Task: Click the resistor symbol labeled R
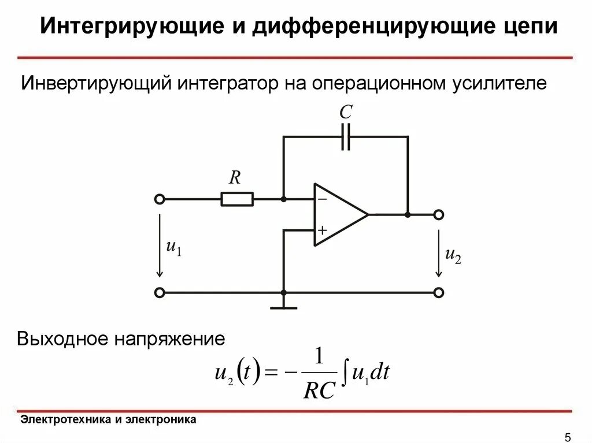(237, 199)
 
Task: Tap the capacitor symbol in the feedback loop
(346, 137)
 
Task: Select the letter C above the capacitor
(346, 113)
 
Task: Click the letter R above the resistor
(234, 177)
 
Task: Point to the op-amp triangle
(338, 214)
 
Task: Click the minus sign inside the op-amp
(321, 199)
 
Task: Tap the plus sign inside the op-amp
(321, 230)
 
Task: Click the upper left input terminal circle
(160, 199)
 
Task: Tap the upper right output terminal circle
(439, 215)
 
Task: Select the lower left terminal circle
(160, 293)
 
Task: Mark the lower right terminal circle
(439, 293)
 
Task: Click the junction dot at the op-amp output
(408, 215)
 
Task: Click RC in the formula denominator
(319, 391)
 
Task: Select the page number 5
(567, 436)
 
